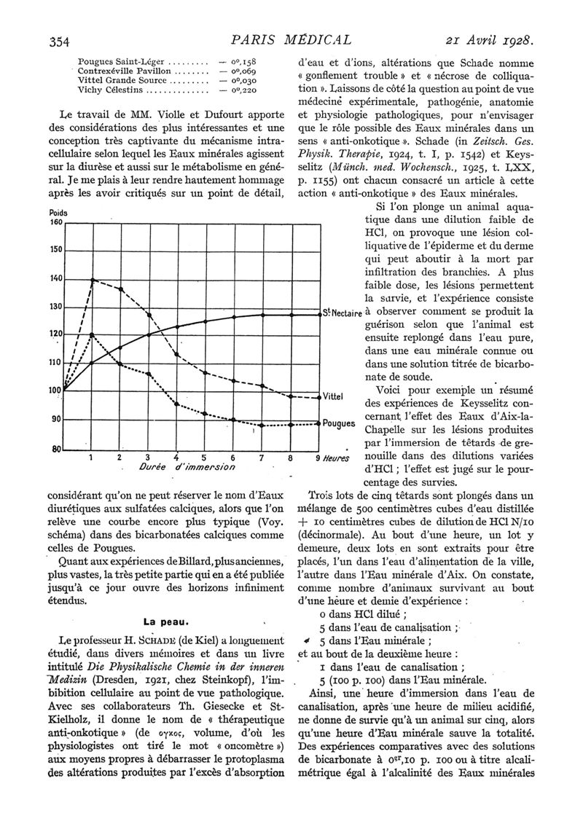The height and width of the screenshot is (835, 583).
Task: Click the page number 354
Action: (59, 41)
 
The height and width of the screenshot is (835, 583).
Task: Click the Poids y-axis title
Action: (58, 213)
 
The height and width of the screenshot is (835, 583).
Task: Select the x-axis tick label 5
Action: (204, 458)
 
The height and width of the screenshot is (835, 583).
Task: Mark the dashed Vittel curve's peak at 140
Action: (93, 279)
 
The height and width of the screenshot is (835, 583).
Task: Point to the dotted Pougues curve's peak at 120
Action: (92, 334)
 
